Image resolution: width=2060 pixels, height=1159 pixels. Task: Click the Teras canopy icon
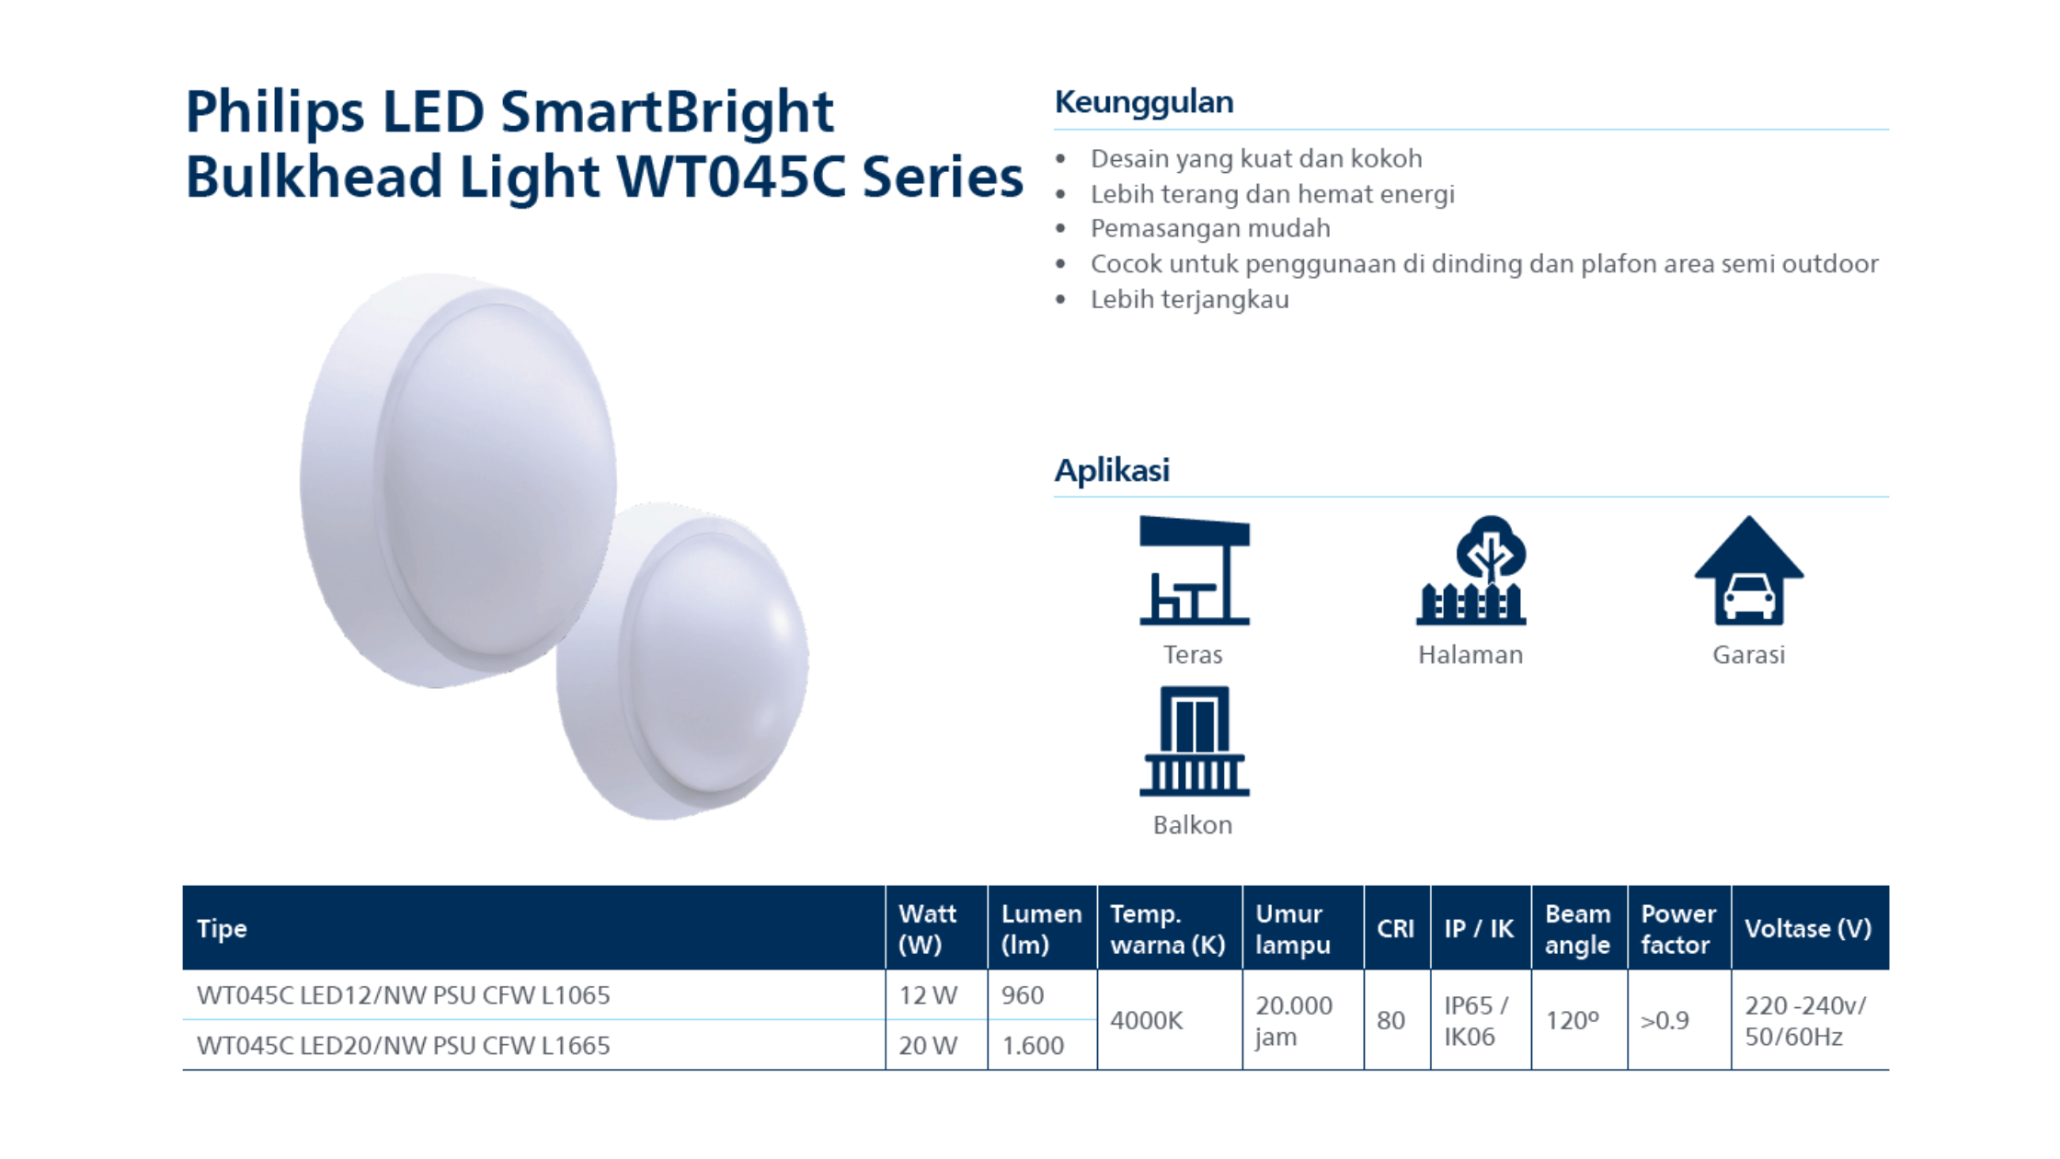click(x=1194, y=570)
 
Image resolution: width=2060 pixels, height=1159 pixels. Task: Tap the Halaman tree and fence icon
click(x=1471, y=570)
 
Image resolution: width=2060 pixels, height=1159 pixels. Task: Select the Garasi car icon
click(x=1748, y=570)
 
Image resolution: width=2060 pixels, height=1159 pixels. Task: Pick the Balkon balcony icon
click(x=1194, y=740)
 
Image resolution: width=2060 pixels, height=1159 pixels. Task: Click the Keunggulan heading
click(x=1144, y=102)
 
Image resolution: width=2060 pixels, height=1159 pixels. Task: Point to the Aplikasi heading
click(x=1112, y=470)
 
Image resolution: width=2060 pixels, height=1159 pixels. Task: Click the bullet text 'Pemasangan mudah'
click(x=1210, y=228)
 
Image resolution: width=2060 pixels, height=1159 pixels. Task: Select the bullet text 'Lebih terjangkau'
click(x=1190, y=300)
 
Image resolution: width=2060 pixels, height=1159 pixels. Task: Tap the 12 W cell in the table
click(x=928, y=995)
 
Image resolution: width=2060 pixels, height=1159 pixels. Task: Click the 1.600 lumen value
click(x=1033, y=1046)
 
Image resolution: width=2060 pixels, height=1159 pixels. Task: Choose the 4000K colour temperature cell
click(x=1146, y=1020)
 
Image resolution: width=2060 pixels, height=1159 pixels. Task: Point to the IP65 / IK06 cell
click(x=1476, y=1021)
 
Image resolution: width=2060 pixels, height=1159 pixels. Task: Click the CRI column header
click(x=1395, y=929)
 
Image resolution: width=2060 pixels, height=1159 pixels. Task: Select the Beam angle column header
click(x=1578, y=929)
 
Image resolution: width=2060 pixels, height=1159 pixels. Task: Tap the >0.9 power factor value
click(x=1665, y=1021)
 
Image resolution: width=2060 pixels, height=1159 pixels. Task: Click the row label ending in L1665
click(x=403, y=1046)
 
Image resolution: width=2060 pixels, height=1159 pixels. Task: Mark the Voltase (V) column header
click(x=1808, y=929)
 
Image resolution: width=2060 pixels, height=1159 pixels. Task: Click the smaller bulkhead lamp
click(x=682, y=660)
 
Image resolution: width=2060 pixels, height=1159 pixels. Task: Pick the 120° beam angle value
click(x=1572, y=1021)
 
